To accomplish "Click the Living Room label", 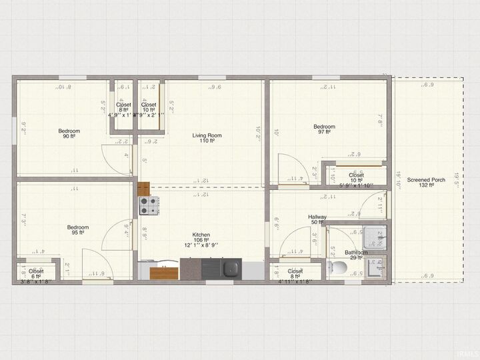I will (x=207, y=135).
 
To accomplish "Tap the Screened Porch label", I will (x=426, y=179).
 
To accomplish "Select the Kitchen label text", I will (x=201, y=235).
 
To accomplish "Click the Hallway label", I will (x=317, y=217).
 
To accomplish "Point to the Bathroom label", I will (x=356, y=253).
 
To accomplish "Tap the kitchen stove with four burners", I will (x=148, y=206).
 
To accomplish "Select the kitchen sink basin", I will (x=231, y=269).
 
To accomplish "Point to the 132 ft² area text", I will (x=426, y=185).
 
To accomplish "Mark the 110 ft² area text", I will (x=207, y=141).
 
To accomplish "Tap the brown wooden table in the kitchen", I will (x=164, y=273).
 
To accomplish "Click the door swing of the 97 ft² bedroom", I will (x=289, y=167).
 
